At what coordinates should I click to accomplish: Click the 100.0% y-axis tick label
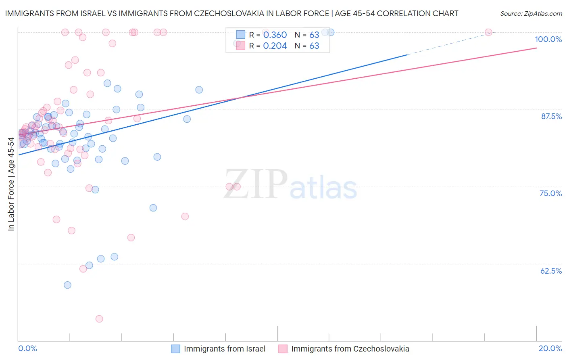pyautogui.click(x=548, y=39)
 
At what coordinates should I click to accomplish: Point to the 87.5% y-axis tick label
pyautogui.click(x=551, y=116)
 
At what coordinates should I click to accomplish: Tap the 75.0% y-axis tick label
pyautogui.click(x=550, y=193)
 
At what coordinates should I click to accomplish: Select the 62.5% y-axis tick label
pyautogui.click(x=551, y=271)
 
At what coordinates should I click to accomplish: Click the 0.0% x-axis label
pyautogui.click(x=27, y=348)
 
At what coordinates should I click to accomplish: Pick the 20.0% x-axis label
pyautogui.click(x=550, y=348)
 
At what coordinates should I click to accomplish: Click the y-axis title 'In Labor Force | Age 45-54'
pyautogui.click(x=11, y=184)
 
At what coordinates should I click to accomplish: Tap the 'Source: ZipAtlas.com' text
pyautogui.click(x=531, y=14)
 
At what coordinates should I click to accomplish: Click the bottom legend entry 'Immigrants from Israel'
pyautogui.click(x=224, y=349)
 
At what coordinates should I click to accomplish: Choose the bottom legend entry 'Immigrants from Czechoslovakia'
pyautogui.click(x=350, y=349)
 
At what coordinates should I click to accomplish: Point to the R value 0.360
pyautogui.click(x=275, y=35)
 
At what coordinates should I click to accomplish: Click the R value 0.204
pyautogui.click(x=275, y=46)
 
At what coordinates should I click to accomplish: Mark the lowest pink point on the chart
pyautogui.click(x=99, y=319)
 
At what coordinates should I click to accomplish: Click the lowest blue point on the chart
pyautogui.click(x=67, y=285)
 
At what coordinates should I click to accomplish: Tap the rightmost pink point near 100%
pyautogui.click(x=488, y=32)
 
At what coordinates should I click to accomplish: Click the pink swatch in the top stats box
pyautogui.click(x=240, y=46)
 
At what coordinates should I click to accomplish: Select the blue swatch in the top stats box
pyautogui.click(x=240, y=35)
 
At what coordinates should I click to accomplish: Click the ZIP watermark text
pyautogui.click(x=256, y=184)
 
